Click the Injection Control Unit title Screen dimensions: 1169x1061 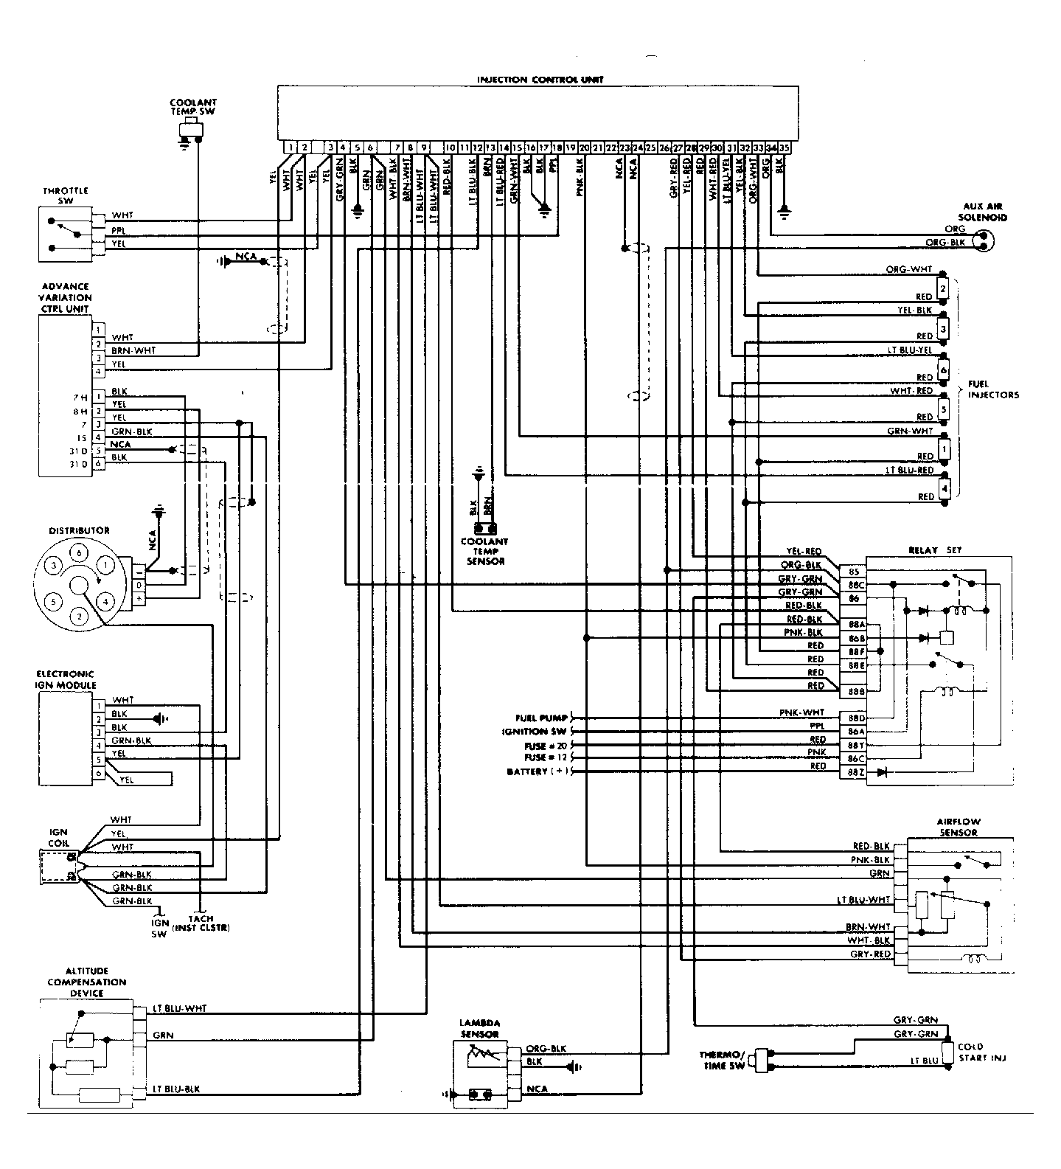coord(540,80)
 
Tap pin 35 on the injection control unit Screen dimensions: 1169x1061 coord(785,148)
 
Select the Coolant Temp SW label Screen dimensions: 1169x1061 coord(193,108)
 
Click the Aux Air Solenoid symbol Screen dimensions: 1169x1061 coord(982,239)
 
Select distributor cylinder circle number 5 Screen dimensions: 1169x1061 coord(53,602)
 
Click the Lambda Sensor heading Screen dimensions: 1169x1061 coord(480,1028)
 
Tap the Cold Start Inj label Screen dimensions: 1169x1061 coord(981,1052)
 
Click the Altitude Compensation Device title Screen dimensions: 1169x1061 coord(87,982)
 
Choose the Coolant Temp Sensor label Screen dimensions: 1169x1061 coord(484,551)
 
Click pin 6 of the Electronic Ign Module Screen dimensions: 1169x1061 coord(98,773)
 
